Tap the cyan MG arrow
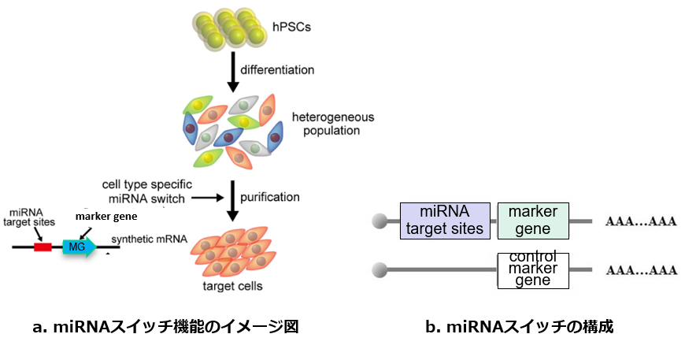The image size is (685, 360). click(x=79, y=247)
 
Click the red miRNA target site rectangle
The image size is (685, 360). click(x=43, y=247)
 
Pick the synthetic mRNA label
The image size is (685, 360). click(x=147, y=239)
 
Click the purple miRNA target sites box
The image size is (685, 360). click(x=445, y=221)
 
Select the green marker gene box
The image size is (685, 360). click(x=533, y=221)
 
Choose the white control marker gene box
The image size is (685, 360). click(x=533, y=270)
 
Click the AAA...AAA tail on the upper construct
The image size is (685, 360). click(x=641, y=221)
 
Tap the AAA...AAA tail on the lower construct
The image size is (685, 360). click(x=641, y=270)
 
